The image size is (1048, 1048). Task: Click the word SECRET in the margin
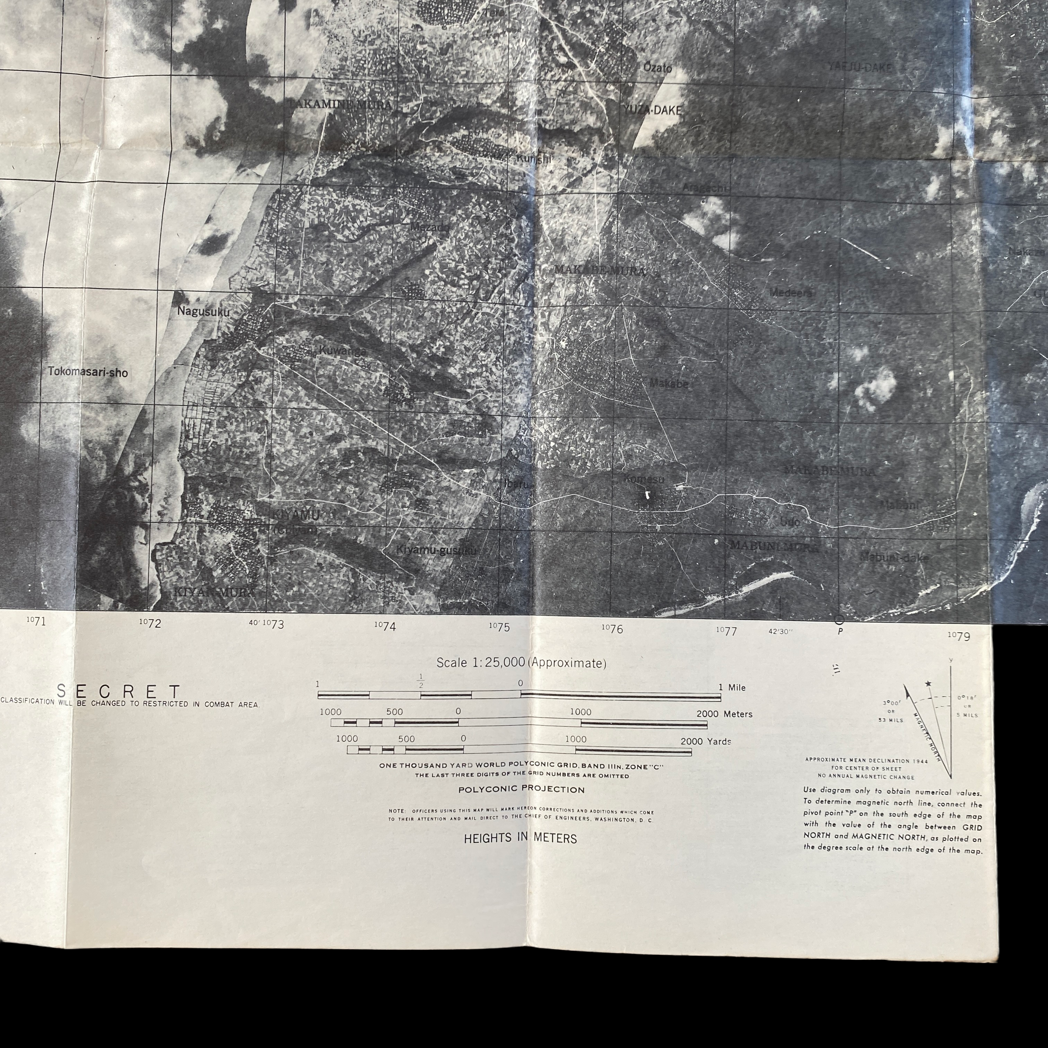(x=119, y=691)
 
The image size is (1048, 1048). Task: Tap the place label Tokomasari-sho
(x=88, y=372)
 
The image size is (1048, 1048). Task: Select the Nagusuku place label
(x=203, y=312)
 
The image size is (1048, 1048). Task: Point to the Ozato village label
(x=658, y=68)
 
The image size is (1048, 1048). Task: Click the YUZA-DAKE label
(x=652, y=110)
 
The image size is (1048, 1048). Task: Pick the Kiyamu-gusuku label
(x=436, y=550)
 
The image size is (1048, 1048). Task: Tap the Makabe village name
(x=669, y=383)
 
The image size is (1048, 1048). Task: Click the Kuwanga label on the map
(x=342, y=351)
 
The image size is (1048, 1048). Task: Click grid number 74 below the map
(x=386, y=627)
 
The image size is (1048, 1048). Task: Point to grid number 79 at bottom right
(x=960, y=636)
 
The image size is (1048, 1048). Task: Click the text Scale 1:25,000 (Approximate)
(x=521, y=663)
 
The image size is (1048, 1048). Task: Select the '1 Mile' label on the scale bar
(x=732, y=687)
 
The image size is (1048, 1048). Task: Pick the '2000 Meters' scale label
(x=724, y=714)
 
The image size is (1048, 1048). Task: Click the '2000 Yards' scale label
(x=706, y=741)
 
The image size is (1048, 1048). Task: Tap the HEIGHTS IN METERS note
(x=520, y=838)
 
